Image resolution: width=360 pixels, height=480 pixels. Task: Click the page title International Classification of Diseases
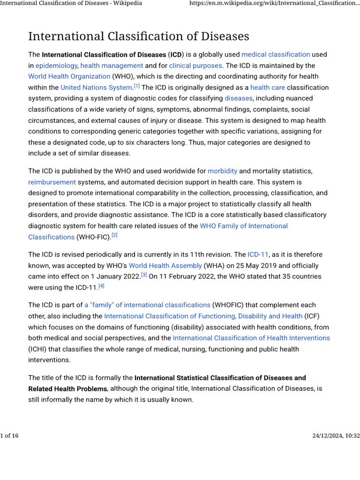[139, 37]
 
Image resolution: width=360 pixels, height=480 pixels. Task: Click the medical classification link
[276, 54]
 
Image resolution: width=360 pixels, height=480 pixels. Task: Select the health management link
[112, 66]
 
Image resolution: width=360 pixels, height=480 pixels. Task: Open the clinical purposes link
[195, 66]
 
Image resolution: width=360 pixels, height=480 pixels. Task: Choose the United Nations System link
[96, 88]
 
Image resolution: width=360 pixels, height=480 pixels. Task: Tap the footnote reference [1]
[137, 86]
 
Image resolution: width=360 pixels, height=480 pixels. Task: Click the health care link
[267, 88]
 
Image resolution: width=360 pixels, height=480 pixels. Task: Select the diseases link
[239, 98]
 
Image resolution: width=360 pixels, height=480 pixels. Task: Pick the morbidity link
[222, 171]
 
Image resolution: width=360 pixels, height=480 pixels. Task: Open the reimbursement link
[52, 182]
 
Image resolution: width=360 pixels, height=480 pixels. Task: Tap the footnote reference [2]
[114, 235]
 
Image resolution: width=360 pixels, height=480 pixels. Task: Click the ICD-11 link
[258, 255]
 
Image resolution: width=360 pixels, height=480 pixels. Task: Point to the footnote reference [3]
[144, 275]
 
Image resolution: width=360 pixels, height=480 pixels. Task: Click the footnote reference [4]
[101, 286]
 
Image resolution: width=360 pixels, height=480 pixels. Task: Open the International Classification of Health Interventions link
[251, 338]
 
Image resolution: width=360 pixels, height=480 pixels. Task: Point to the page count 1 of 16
[9, 436]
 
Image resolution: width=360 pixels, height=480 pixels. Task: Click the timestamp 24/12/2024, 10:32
[336, 436]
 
